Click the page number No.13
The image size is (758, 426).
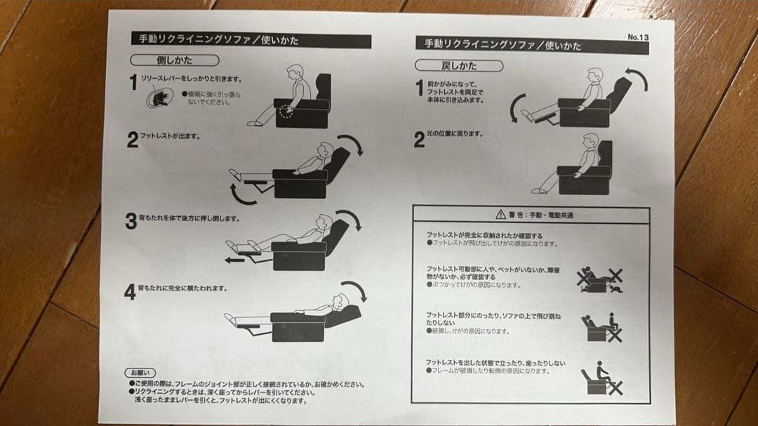(638, 37)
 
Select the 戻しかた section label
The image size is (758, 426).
(459, 66)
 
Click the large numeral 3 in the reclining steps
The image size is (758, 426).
(131, 222)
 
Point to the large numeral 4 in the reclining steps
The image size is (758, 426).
(130, 292)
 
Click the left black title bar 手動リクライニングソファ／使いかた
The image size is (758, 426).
(251, 41)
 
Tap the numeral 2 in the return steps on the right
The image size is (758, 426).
(419, 140)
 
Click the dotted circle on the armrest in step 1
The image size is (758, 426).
(286, 110)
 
